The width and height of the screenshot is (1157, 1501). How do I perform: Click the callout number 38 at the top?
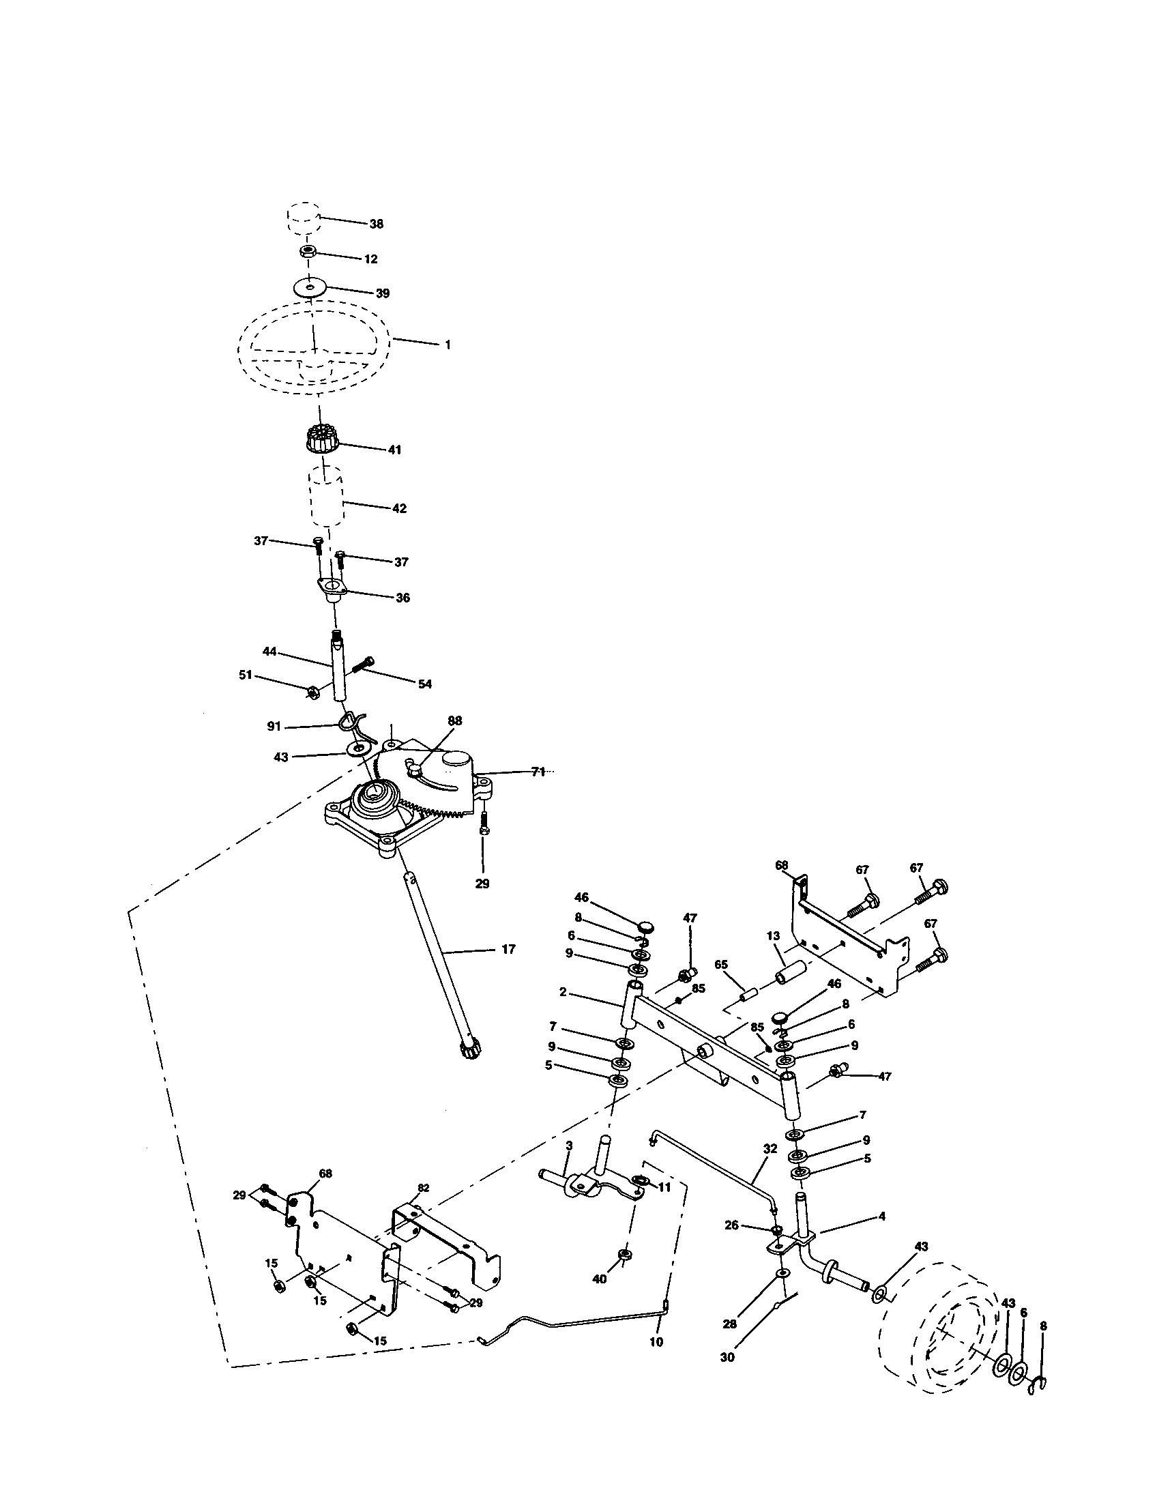pos(376,224)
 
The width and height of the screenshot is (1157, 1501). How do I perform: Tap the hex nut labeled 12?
pos(307,252)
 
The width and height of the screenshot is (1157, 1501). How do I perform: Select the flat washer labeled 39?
pos(310,287)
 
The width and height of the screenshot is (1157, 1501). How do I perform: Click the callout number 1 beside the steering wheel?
pos(448,345)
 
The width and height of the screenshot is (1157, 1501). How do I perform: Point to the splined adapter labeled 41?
pos(319,439)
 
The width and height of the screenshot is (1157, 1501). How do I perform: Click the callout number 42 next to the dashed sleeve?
pos(399,508)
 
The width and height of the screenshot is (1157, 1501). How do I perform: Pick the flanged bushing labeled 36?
pos(332,588)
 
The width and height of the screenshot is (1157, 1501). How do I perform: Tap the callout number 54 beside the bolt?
pos(425,684)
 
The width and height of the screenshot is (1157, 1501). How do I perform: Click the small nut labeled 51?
pos(310,692)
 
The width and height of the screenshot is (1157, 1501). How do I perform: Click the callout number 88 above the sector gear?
pos(455,721)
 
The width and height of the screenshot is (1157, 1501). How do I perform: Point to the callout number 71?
pos(538,772)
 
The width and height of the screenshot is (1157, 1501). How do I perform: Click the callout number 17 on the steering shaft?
pos(508,949)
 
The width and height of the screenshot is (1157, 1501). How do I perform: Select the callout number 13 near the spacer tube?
pos(773,936)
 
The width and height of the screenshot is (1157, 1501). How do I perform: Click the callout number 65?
pos(720,965)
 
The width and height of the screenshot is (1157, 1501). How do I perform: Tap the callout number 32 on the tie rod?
pos(770,1148)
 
